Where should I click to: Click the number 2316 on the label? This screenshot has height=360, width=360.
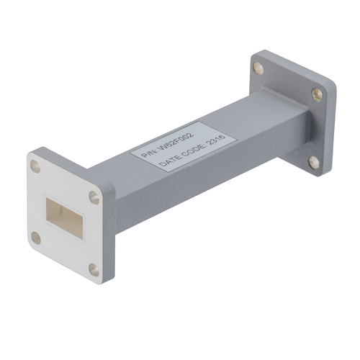pos(216,139)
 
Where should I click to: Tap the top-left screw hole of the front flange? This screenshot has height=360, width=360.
pos(35,166)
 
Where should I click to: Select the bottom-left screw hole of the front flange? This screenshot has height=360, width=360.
pos(36,238)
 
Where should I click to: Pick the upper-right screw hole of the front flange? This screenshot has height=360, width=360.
pos(94,197)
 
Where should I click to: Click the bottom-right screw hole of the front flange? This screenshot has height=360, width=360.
pos(94,269)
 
